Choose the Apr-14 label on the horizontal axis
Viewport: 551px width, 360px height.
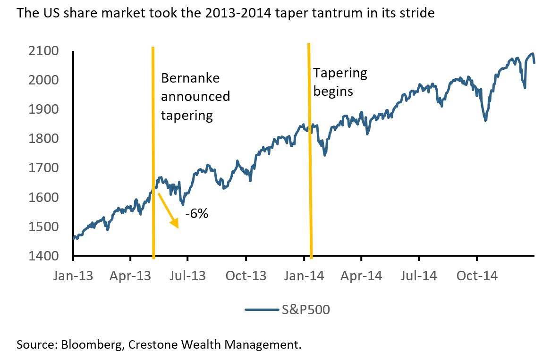(x=361, y=275)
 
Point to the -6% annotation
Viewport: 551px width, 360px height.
(x=196, y=214)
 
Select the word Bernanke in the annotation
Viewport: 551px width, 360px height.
(x=191, y=79)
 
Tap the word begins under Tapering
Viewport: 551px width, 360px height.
(x=333, y=91)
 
